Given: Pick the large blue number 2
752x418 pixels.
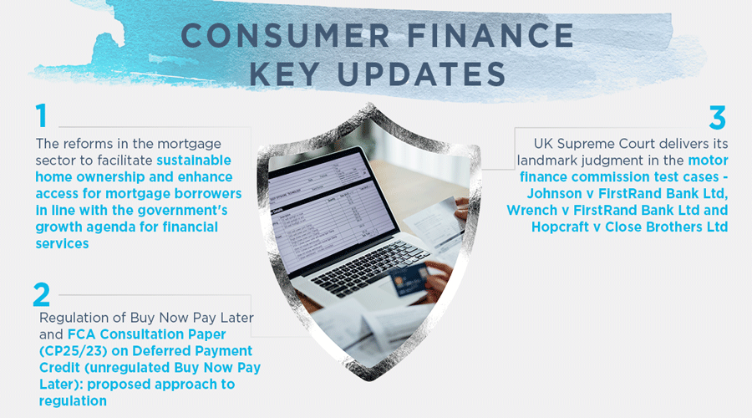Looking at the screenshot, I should (42, 294).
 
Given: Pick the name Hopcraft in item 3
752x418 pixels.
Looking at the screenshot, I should (560, 226).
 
